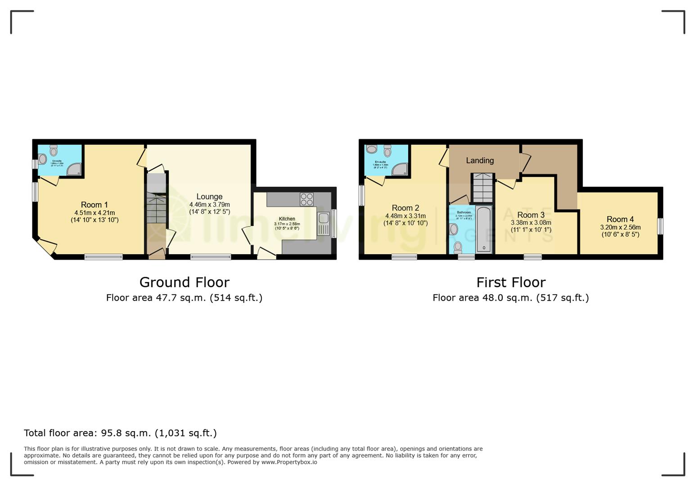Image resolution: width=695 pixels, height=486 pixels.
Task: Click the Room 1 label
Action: pyautogui.click(x=94, y=205)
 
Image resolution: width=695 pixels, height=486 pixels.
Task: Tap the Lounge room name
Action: pyautogui.click(x=209, y=197)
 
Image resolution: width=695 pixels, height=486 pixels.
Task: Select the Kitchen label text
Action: pyautogui.click(x=287, y=219)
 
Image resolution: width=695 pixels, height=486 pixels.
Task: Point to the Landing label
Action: pyautogui.click(x=480, y=161)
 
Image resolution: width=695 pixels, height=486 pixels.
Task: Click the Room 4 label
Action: pyautogui.click(x=620, y=219)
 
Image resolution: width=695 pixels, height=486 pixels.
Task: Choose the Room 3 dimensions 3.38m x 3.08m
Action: pyautogui.click(x=531, y=223)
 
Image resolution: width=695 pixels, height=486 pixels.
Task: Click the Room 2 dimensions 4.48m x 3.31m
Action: pyautogui.click(x=405, y=216)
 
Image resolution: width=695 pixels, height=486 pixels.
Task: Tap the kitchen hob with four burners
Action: pyautogui.click(x=307, y=199)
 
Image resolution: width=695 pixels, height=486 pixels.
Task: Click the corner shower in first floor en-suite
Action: pyautogui.click(x=400, y=170)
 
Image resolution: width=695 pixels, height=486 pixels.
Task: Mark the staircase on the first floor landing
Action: pyautogui.click(x=483, y=188)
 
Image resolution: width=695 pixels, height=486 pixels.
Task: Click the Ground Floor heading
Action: pyautogui.click(x=184, y=282)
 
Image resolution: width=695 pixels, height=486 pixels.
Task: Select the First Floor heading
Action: pyautogui.click(x=511, y=282)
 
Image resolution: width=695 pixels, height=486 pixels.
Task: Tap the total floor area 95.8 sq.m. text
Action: pyautogui.click(x=120, y=433)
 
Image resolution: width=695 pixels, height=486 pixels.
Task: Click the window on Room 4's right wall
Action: pyautogui.click(x=660, y=226)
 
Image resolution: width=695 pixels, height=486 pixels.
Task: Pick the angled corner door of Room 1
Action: pyautogui.click(x=46, y=247)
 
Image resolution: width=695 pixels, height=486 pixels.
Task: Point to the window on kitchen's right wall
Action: pyautogui.click(x=334, y=224)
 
